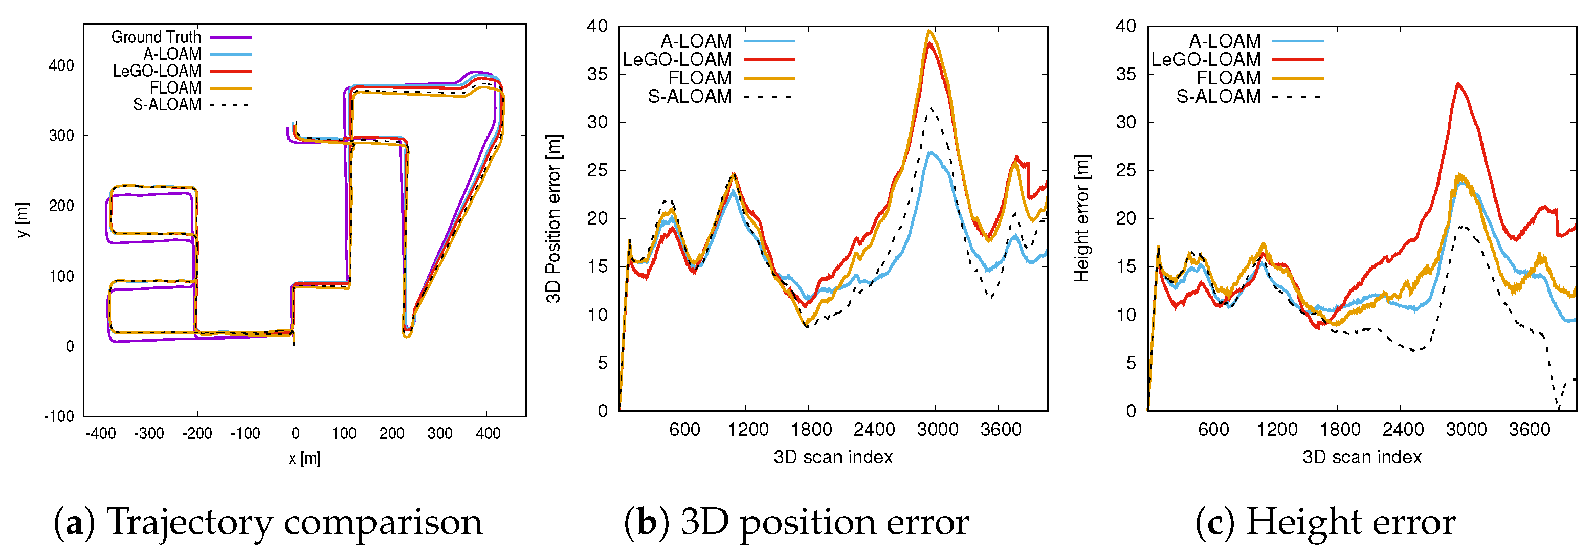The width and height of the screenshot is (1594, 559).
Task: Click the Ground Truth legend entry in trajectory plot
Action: pyautogui.click(x=156, y=37)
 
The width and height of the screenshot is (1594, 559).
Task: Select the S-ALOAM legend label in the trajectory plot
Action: pyautogui.click(x=167, y=104)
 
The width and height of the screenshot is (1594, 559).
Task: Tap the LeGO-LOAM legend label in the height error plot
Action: pyautogui.click(x=1205, y=59)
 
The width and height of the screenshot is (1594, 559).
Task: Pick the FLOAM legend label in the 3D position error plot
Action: pyautogui.click(x=700, y=78)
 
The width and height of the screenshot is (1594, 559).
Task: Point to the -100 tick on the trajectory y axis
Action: pyautogui.click(x=59, y=416)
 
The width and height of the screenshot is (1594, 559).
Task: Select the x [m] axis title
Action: pyautogui.click(x=304, y=458)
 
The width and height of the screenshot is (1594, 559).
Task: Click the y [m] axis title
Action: pyautogui.click(x=23, y=219)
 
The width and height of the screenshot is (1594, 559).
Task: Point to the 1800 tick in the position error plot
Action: pyautogui.click(x=811, y=429)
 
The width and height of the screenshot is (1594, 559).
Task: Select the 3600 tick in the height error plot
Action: pyautogui.click(x=1529, y=429)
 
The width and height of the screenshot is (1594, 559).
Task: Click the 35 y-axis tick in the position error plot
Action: pyautogui.click(x=597, y=74)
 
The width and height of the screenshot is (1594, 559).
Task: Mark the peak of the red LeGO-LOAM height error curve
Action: pyautogui.click(x=1458, y=83)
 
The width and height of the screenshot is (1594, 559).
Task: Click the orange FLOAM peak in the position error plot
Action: pyautogui.click(x=929, y=30)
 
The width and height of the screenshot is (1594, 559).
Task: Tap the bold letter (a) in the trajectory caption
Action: pyautogui.click(x=74, y=523)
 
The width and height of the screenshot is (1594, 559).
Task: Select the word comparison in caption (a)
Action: pyautogui.click(x=383, y=523)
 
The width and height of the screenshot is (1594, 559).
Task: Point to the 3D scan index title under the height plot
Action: pyautogui.click(x=1361, y=457)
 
